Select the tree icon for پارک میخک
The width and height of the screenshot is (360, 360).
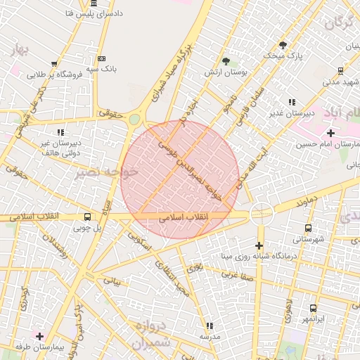tap(283, 44)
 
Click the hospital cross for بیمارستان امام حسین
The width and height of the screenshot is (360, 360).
tap(331, 132)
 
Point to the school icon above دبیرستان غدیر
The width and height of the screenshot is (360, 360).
tap(292, 102)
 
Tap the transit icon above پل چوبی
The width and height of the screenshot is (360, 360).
tap(87, 217)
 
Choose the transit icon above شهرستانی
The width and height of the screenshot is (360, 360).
tap(308, 228)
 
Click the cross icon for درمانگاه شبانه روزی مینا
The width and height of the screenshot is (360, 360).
tap(259, 245)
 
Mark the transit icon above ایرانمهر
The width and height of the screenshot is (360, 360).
tap(313, 308)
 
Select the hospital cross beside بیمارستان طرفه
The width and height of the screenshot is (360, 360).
tap(39, 337)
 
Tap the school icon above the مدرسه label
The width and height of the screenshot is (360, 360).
tap(209, 326)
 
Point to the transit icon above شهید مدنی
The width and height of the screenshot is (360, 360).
tap(340, 70)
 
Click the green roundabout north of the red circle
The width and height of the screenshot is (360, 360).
tap(134, 120)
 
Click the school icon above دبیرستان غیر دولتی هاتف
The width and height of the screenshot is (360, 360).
tap(60, 131)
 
